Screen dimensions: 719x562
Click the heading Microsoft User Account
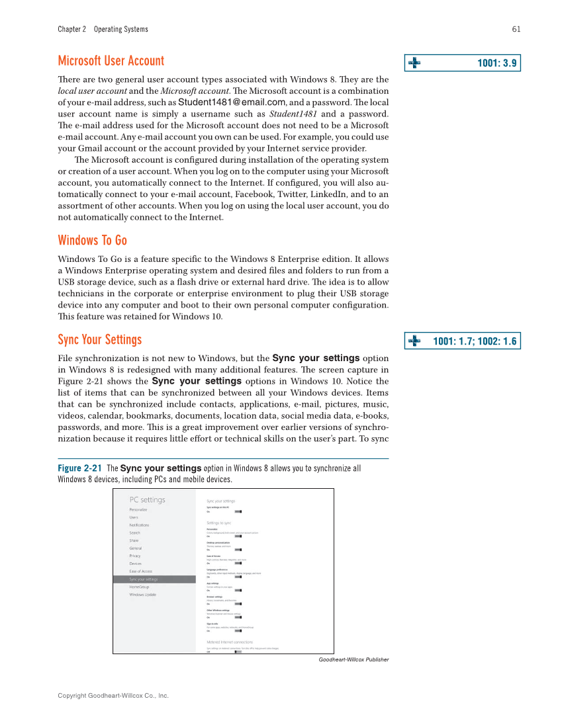(x=111, y=61)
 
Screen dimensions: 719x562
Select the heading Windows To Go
(x=92, y=240)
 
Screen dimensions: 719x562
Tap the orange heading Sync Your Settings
(x=99, y=339)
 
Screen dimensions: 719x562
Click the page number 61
(x=516, y=29)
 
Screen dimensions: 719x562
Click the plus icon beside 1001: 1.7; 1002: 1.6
(x=414, y=341)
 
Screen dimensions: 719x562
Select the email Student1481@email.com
(x=232, y=102)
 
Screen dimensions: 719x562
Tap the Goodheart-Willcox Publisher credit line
(x=353, y=659)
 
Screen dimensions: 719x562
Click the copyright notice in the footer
(x=113, y=696)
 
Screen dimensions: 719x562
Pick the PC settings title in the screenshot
(x=147, y=499)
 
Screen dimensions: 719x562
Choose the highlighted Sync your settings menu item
(x=143, y=579)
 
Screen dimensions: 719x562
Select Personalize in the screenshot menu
(x=138, y=509)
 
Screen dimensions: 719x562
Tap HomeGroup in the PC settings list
(x=139, y=587)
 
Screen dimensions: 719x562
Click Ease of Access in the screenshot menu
(x=140, y=571)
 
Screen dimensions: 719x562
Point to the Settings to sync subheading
(x=218, y=523)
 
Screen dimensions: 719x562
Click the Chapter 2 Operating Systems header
(x=103, y=29)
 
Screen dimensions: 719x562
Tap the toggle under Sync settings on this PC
(x=238, y=511)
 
